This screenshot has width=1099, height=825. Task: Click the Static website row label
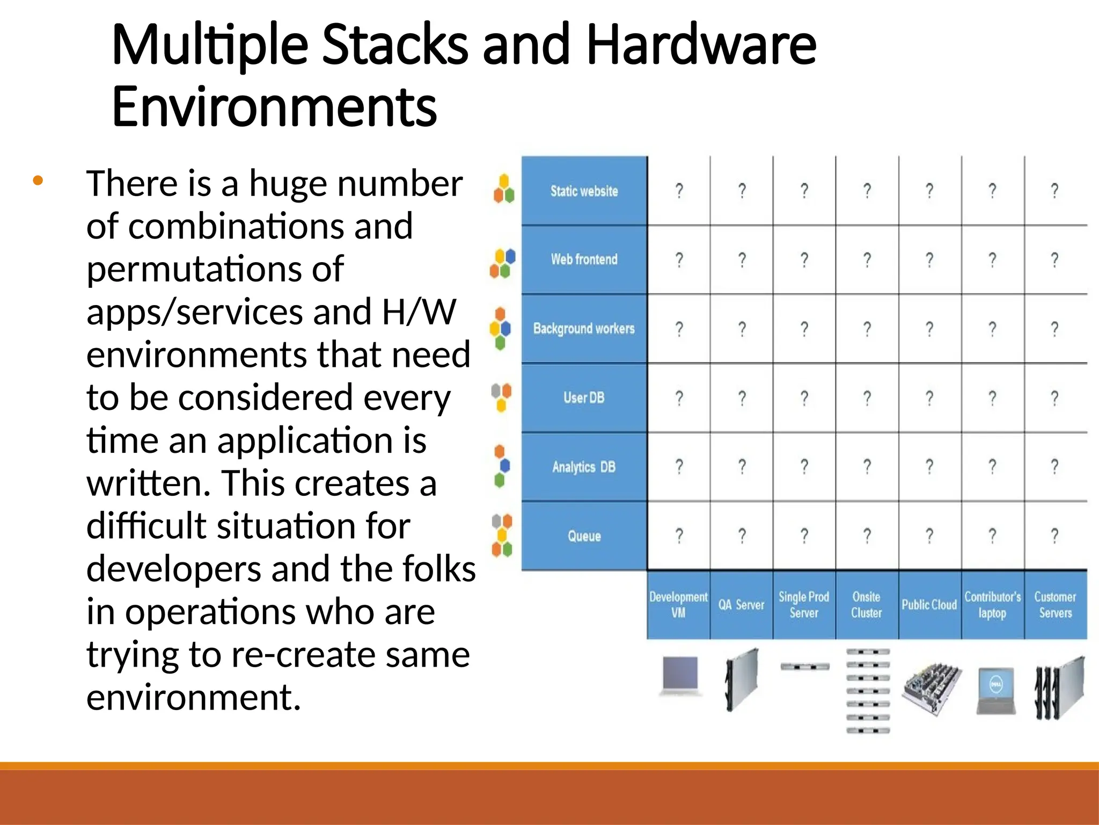coord(584,191)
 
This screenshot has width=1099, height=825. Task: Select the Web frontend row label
coord(584,259)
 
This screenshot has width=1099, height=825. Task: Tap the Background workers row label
coord(584,328)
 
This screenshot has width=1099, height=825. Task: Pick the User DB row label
coord(584,397)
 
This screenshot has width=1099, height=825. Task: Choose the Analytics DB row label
coord(584,467)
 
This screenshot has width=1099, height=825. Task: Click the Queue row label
coord(584,535)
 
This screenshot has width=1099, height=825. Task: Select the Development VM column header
coord(678,605)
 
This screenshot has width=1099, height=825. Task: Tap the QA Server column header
coord(741,605)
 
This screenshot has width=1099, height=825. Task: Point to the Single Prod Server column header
coord(804,605)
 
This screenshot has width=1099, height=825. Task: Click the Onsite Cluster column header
coord(867,605)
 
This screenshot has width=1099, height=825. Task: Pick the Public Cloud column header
coord(929,605)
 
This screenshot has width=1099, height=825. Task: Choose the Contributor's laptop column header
coord(992,605)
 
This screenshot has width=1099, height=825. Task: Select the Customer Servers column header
coord(1055,605)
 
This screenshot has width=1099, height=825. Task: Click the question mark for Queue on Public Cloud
coord(929,535)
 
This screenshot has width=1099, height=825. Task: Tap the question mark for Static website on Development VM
coord(679,191)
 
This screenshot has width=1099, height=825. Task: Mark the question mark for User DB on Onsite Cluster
coord(867,398)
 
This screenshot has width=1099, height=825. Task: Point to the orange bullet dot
coord(38,181)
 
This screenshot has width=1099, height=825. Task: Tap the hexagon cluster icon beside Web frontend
coord(502,263)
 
